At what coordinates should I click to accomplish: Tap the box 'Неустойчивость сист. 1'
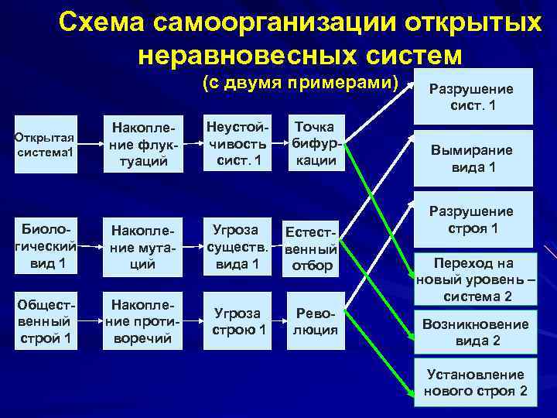coord(236,143)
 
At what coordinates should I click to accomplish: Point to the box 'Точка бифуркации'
coord(315,143)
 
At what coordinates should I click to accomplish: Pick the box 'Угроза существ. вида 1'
coord(236,247)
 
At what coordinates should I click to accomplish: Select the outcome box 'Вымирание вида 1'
coord(472,159)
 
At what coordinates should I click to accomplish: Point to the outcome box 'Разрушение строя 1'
coord(472,219)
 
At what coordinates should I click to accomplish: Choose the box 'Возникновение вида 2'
coord(475,332)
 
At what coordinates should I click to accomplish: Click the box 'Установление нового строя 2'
coord(475,382)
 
